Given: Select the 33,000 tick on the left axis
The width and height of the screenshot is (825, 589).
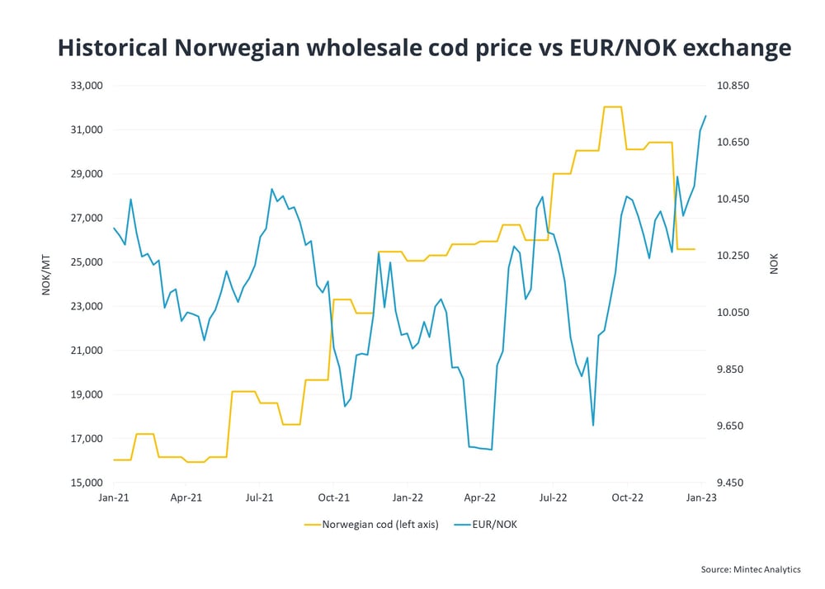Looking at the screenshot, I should point(85,86).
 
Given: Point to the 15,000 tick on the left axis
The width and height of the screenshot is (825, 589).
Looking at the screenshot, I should point(85,483).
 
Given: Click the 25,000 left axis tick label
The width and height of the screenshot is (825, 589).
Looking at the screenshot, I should point(85,262).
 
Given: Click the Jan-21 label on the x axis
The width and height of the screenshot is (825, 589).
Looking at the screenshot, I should point(113,498).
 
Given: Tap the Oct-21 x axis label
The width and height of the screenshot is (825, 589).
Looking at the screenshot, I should point(333,498).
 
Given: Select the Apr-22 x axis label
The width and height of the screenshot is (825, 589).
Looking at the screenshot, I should point(480,498).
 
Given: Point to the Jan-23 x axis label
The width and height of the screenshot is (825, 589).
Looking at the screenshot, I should point(700,498).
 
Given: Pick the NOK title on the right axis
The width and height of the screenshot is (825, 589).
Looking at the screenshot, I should point(774,265).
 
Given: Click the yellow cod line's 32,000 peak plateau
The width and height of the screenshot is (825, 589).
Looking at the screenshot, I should point(612,107).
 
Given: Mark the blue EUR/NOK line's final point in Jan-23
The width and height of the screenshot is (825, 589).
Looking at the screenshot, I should point(705,115).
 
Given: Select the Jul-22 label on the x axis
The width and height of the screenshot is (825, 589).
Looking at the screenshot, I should point(553,498).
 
